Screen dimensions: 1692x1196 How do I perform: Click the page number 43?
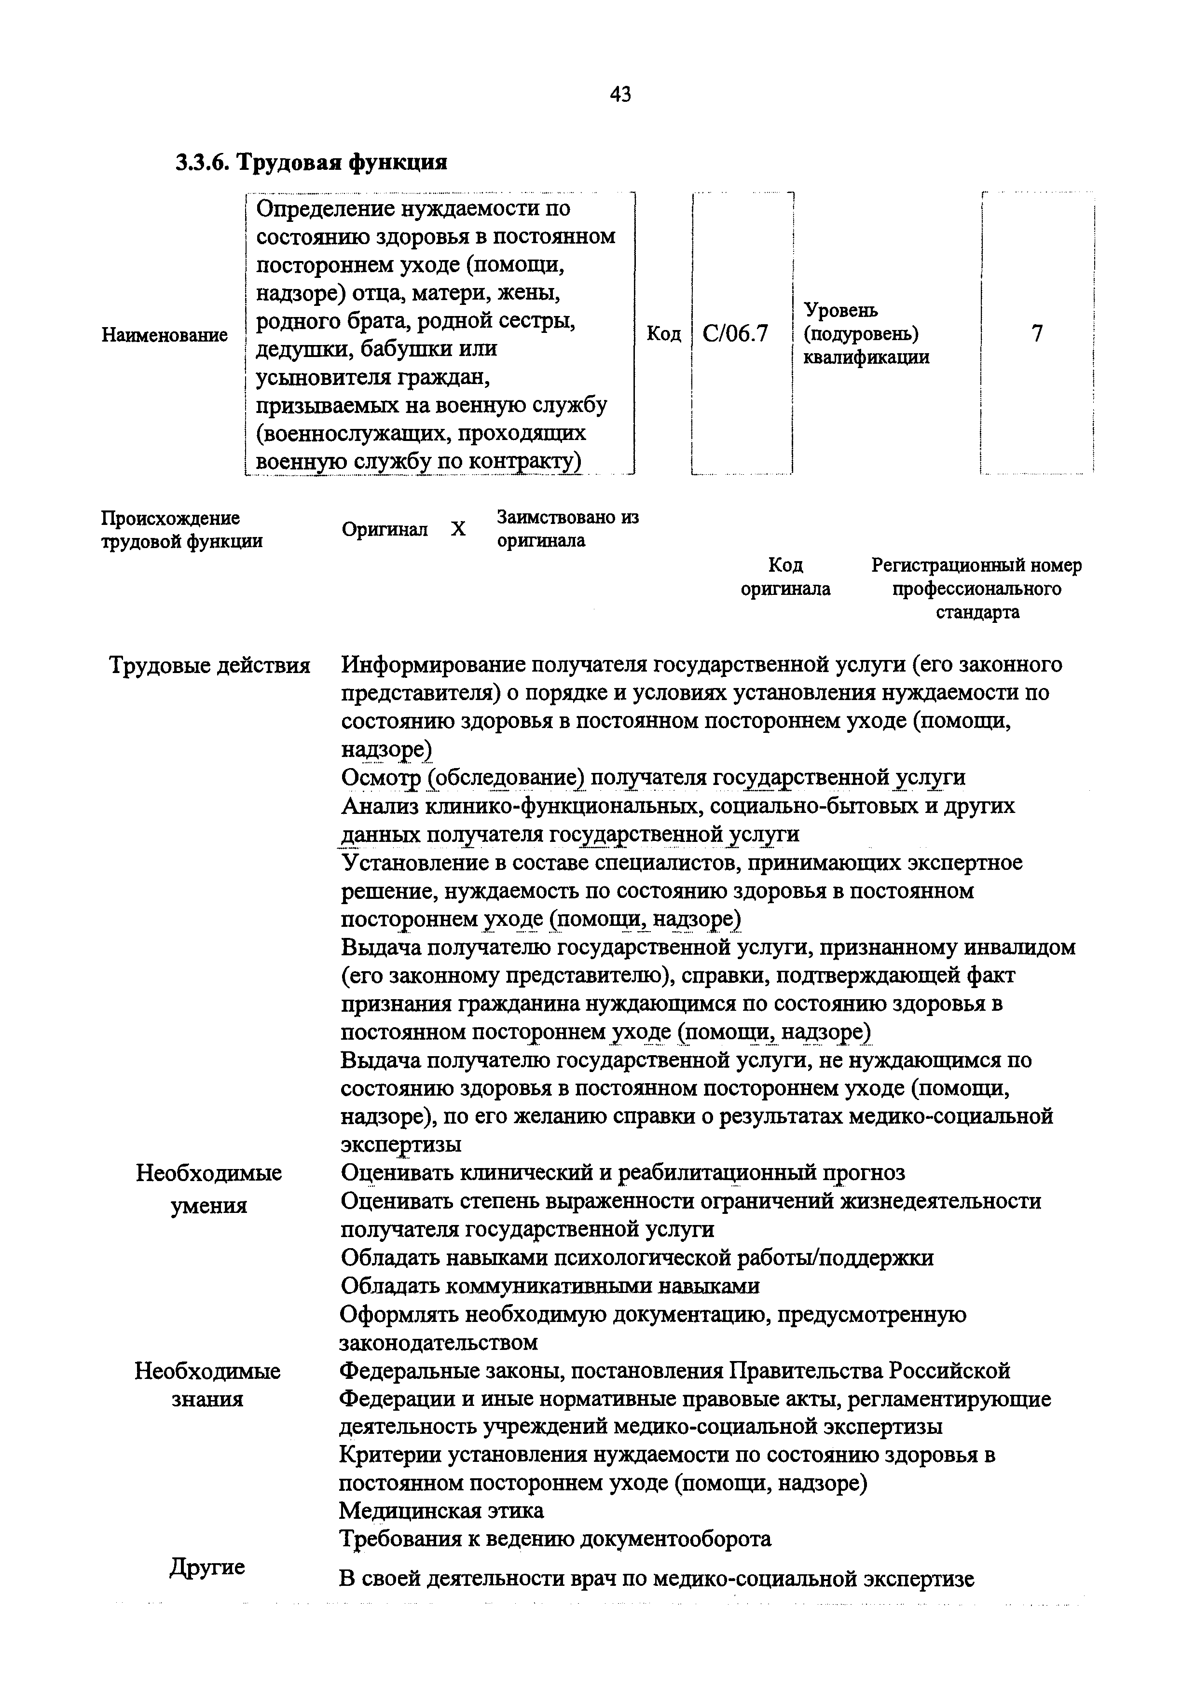[x=620, y=95]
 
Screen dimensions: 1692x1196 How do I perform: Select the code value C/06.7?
[x=735, y=334]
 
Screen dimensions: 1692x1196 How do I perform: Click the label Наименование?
[x=165, y=335]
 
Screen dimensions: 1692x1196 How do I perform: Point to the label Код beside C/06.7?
[x=663, y=334]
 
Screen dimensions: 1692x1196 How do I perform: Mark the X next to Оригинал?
[x=458, y=529]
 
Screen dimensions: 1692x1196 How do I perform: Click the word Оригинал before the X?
[x=384, y=529]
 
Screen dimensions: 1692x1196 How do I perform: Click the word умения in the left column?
[x=208, y=1206]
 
